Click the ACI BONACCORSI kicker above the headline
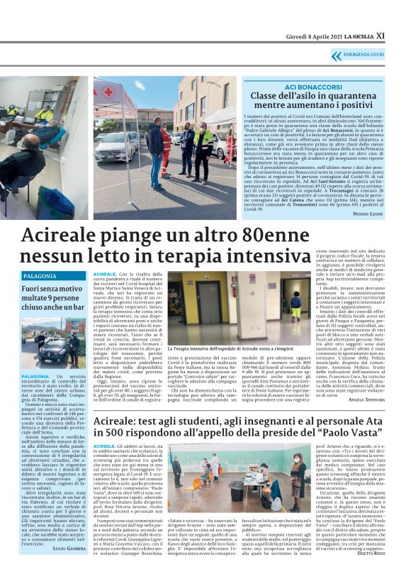tap(315, 84)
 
